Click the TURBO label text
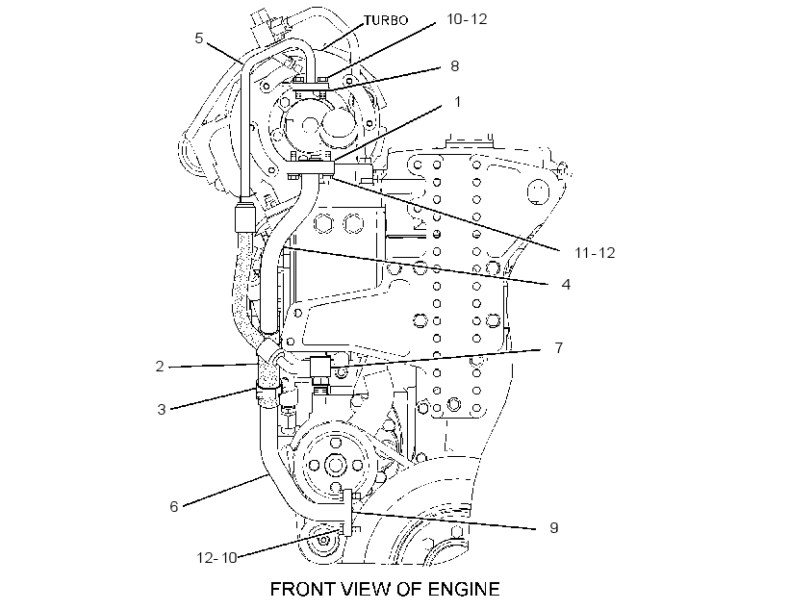click(x=386, y=20)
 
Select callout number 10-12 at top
click(x=467, y=18)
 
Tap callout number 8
click(x=455, y=66)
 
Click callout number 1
click(x=457, y=102)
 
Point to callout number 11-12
click(x=595, y=252)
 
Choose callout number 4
click(x=566, y=285)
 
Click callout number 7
click(x=558, y=347)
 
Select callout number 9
click(x=553, y=527)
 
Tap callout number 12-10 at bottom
click(x=216, y=558)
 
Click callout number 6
click(x=173, y=506)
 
